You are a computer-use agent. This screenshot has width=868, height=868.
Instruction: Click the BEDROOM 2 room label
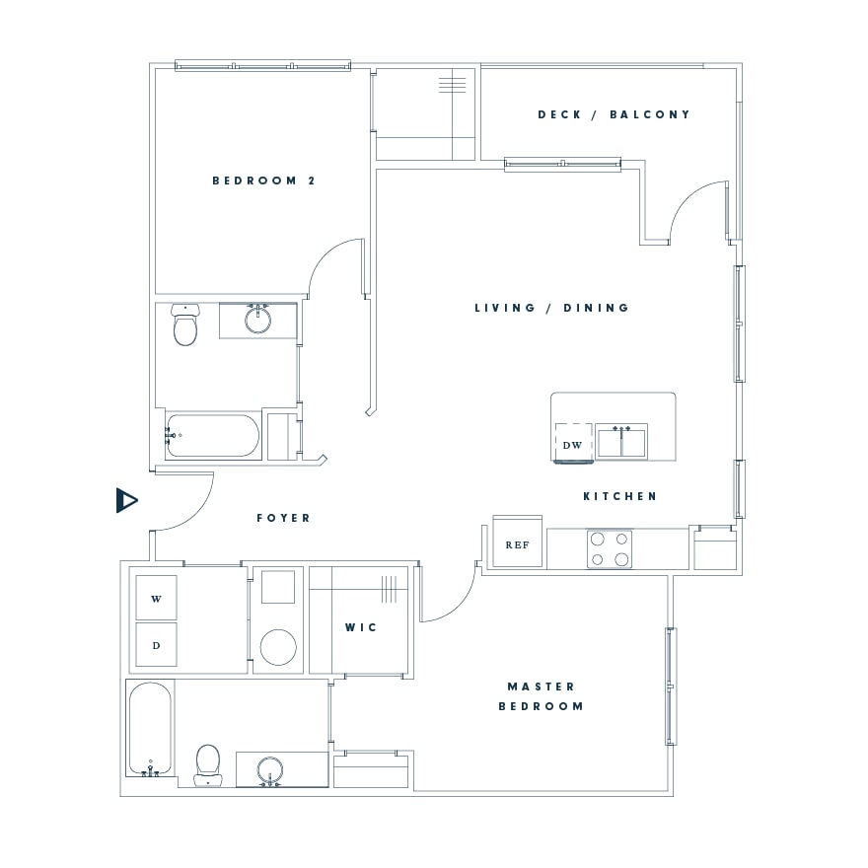[x=263, y=181]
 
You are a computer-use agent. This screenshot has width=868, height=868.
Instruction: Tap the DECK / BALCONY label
[x=614, y=114]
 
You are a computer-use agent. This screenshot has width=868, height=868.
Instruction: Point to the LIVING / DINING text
[x=552, y=308]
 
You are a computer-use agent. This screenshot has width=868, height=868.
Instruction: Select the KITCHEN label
[x=620, y=496]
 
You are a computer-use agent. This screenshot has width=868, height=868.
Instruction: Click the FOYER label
[x=283, y=518]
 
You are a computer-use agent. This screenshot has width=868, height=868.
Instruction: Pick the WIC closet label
[x=361, y=627]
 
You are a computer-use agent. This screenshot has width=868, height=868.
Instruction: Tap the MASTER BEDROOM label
[x=541, y=696]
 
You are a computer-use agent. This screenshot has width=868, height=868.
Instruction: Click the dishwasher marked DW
[x=573, y=442]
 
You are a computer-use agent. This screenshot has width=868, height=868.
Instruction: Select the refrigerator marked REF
[x=517, y=542]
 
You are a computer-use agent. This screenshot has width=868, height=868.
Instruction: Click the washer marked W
[x=156, y=598]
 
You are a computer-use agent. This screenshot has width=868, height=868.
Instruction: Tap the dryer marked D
[x=156, y=644]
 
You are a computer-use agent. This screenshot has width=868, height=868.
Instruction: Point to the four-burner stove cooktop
[x=610, y=549]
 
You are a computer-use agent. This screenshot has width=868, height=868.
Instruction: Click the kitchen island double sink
[x=621, y=442]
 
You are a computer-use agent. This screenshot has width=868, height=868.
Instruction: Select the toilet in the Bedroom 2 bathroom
[x=184, y=325]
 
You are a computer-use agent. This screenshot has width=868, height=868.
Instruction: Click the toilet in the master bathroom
[x=208, y=765]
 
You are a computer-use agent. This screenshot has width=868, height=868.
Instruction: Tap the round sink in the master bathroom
[x=270, y=770]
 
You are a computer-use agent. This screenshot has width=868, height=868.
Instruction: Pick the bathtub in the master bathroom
[x=150, y=728]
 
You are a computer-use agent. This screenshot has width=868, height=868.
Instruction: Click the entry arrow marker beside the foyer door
[x=127, y=500]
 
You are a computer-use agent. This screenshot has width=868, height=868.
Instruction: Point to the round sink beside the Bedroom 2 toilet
[x=258, y=320]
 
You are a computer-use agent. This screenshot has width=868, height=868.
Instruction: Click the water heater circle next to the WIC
[x=278, y=647]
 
